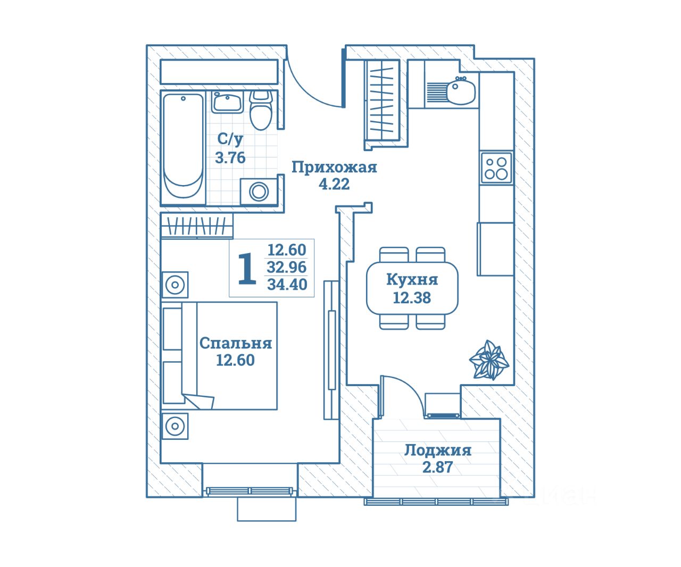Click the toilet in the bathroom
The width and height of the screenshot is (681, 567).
coord(260,111)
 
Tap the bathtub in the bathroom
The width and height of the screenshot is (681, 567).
coord(183,146)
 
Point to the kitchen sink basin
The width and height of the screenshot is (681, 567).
coord(461,91)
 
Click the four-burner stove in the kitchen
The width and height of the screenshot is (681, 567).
coord(496,168)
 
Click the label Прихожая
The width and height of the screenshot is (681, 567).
coord(334,168)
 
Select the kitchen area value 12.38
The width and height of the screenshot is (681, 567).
coord(412,298)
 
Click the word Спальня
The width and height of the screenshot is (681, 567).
coord(235,343)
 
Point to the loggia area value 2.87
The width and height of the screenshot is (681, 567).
coord(437,467)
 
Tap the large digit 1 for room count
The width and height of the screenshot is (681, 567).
coord(246,269)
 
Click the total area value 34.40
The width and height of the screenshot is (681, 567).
coord(287,285)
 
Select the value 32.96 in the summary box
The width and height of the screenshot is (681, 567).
coord(287,267)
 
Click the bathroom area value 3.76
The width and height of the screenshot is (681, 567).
coord(230,157)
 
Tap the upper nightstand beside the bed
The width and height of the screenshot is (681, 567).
coord(175,285)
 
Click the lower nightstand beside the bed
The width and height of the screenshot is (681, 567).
coord(175,426)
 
